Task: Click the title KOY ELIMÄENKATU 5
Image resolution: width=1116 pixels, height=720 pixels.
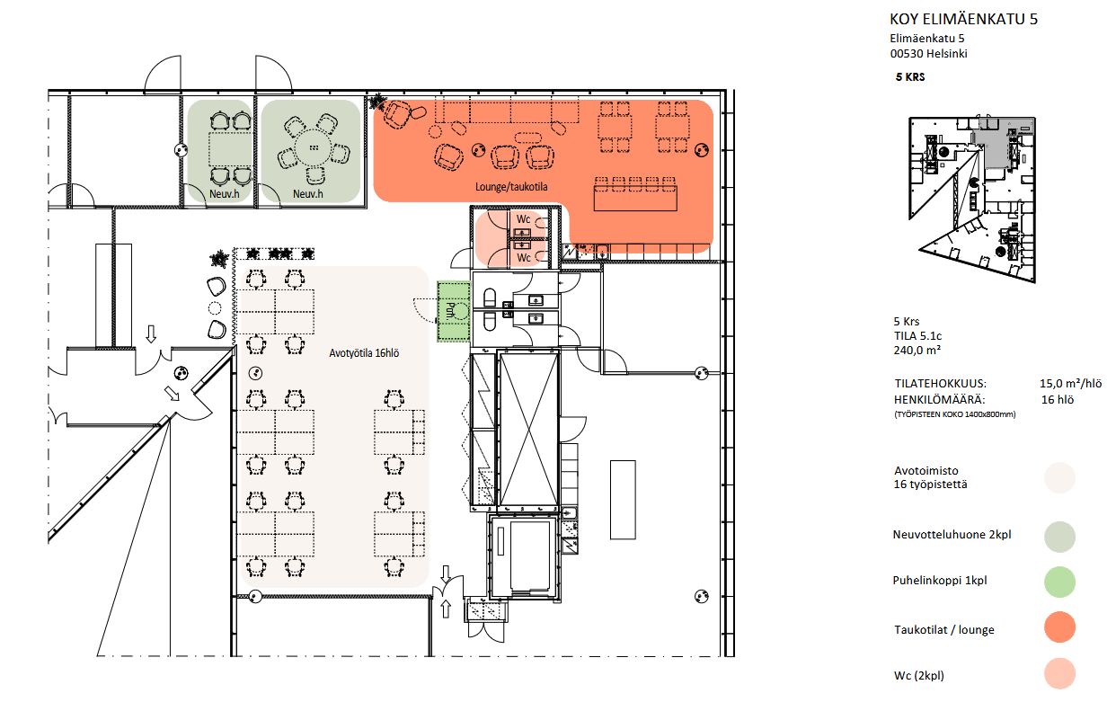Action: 963,19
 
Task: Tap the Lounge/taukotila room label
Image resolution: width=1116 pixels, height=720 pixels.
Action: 511,187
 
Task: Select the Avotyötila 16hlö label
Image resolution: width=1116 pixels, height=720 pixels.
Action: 364,353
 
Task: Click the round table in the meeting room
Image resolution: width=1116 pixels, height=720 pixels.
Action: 314,147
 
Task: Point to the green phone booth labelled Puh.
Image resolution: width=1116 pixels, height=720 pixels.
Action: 454,311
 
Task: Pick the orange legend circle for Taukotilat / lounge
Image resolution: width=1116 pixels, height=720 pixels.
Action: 1059,627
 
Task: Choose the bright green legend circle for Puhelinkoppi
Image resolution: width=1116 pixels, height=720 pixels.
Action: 1059,582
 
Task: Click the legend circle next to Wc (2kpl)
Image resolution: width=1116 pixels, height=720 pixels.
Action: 1059,673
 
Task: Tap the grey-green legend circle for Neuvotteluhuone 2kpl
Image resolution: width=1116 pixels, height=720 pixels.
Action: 1059,537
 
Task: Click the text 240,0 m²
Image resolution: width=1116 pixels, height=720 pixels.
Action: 917,351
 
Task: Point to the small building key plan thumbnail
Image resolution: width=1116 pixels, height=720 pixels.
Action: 972,200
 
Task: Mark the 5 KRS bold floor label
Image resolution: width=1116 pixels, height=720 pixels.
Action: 910,76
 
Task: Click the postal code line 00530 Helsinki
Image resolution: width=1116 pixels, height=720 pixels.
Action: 929,54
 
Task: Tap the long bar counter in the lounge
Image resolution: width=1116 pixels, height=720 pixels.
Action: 635,198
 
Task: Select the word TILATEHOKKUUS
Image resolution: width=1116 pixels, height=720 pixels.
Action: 940,384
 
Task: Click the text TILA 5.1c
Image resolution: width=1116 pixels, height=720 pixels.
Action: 917,336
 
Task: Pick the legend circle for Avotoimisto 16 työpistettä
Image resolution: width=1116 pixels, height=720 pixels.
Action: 1059,478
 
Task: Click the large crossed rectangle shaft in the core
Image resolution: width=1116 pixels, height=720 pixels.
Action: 528,429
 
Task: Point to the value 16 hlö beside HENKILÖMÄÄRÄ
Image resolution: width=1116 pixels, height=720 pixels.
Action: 1058,400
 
